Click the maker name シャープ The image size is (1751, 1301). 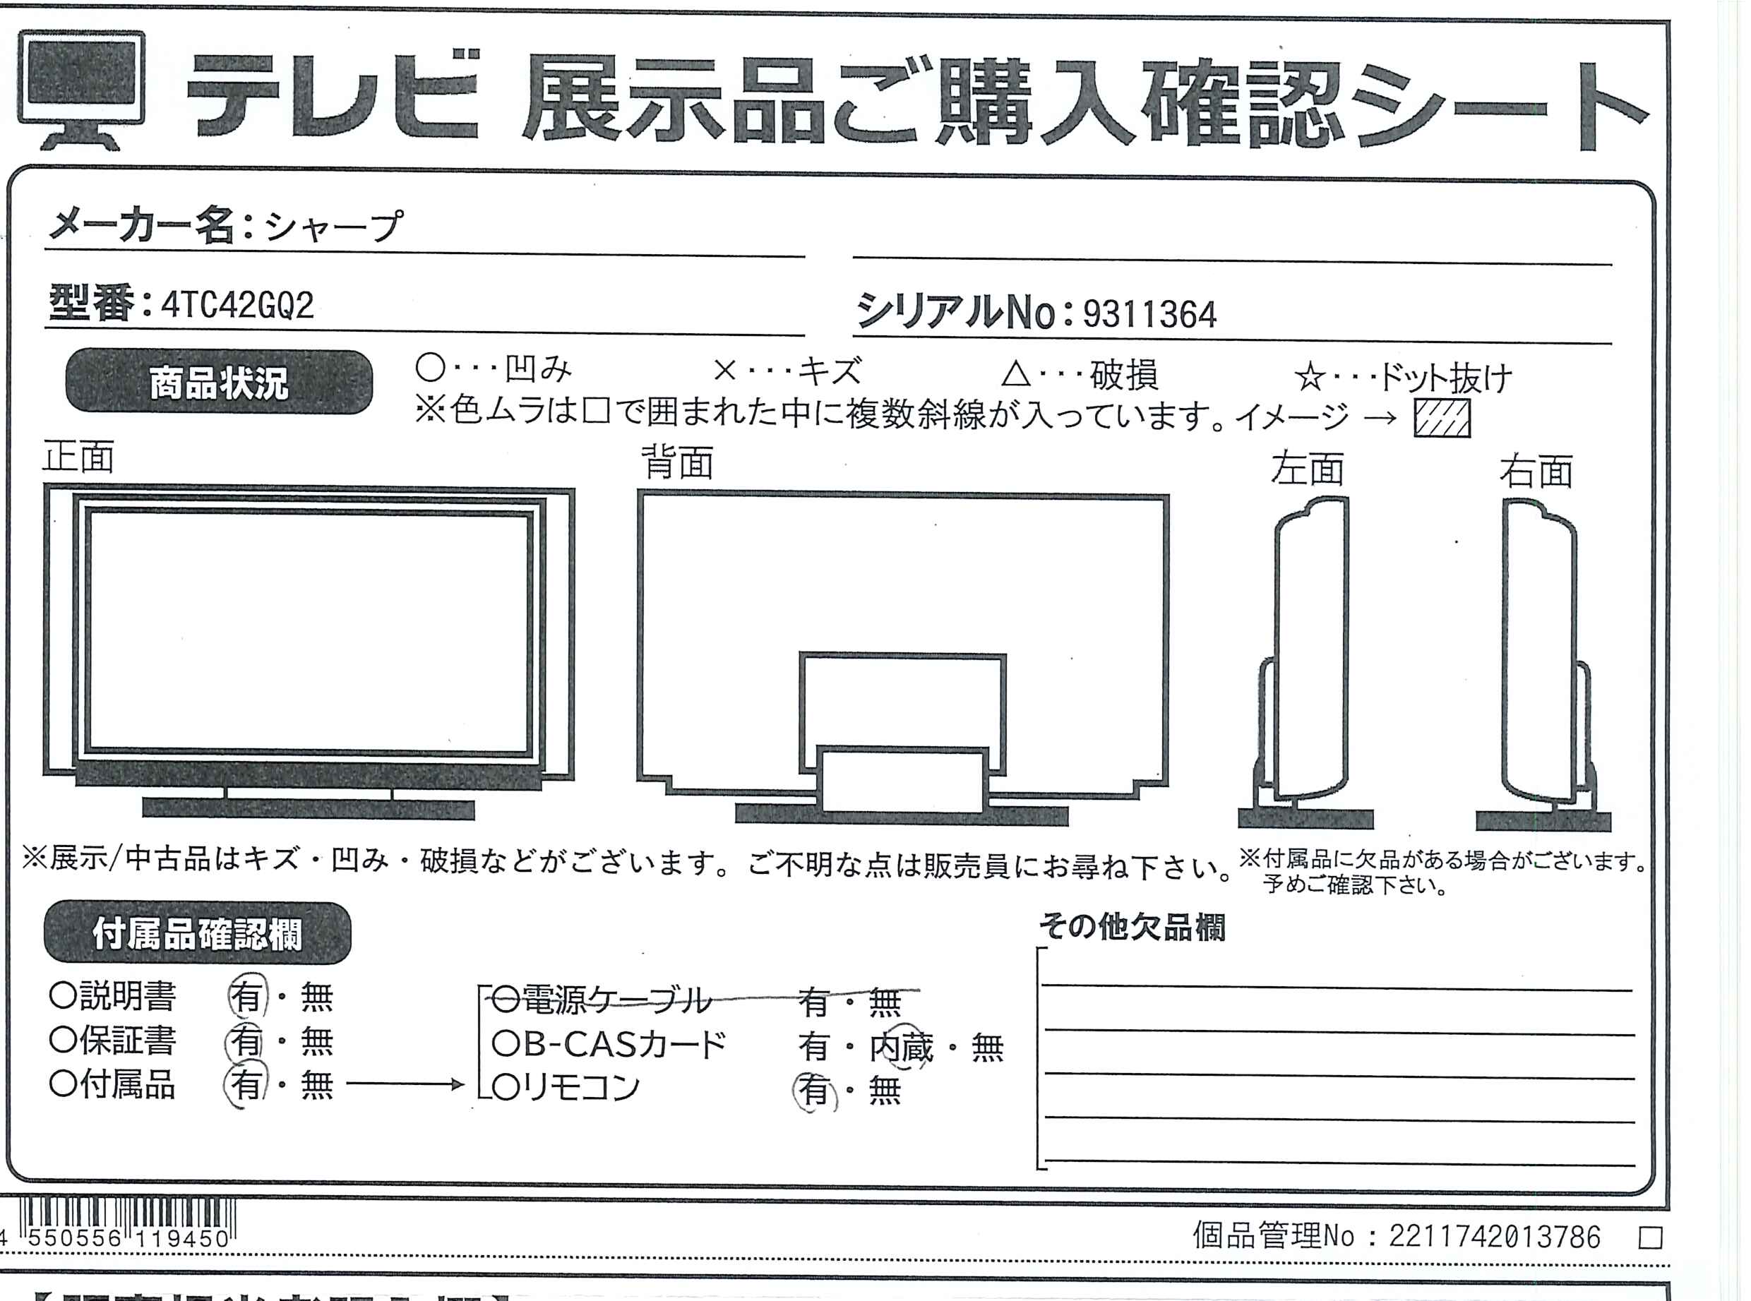click(333, 227)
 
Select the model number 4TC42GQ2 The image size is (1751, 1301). click(237, 306)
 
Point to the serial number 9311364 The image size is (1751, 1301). click(1150, 314)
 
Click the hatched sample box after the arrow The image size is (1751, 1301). click(1442, 418)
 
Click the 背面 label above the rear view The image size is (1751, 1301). click(677, 462)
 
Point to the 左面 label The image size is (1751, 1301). click(1307, 469)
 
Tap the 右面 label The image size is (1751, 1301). click(1536, 471)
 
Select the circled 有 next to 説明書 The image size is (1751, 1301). click(247, 997)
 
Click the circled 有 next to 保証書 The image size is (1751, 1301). click(246, 1042)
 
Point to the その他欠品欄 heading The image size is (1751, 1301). click(1132, 927)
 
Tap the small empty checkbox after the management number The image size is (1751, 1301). click(1650, 1238)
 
